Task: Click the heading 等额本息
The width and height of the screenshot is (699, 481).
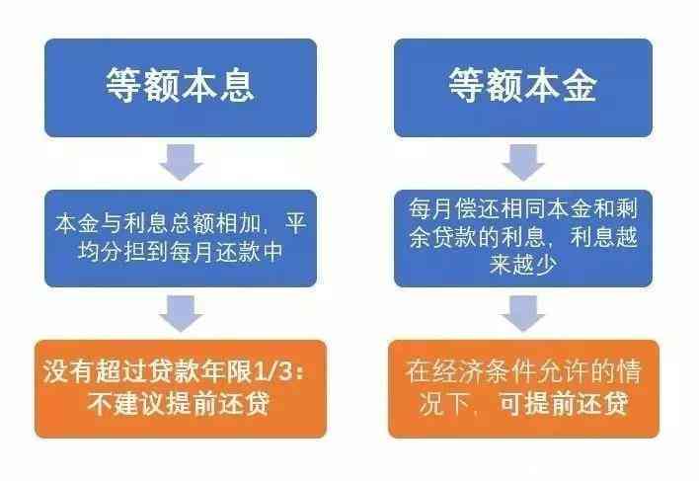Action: pyautogui.click(x=180, y=85)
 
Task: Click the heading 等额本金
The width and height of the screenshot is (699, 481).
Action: pyautogui.click(x=522, y=85)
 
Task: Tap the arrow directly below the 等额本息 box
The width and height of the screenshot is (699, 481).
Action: pyautogui.click(x=181, y=162)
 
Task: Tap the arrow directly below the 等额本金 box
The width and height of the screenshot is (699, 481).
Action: pyautogui.click(x=523, y=162)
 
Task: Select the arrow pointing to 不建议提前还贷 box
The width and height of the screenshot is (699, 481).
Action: pyautogui.click(x=181, y=313)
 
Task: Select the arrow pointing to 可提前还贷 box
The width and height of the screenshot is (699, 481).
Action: pyautogui.click(x=523, y=313)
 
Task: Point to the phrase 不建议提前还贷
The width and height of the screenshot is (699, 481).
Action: pyautogui.click(x=179, y=404)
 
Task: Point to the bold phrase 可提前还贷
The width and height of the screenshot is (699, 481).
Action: pyautogui.click(x=564, y=403)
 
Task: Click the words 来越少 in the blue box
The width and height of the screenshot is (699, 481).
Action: pyautogui.click(x=523, y=265)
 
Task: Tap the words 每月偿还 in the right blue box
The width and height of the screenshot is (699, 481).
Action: pyautogui.click(x=455, y=208)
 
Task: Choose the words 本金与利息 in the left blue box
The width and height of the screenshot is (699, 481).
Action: pyautogui.click(x=111, y=223)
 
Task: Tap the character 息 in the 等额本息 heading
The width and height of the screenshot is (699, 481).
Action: pyautogui.click(x=236, y=85)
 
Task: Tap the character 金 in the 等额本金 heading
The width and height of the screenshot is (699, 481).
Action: pyautogui.click(x=579, y=85)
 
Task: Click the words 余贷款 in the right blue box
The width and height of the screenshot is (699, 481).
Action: pyautogui.click(x=443, y=237)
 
